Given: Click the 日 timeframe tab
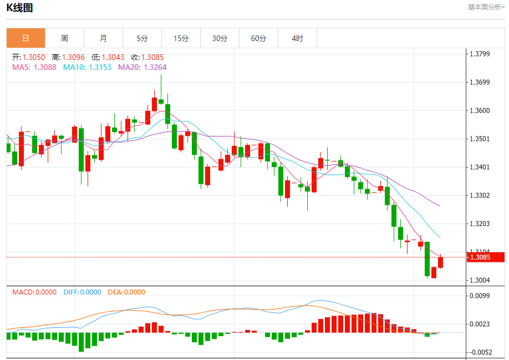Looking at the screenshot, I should pos(26,38).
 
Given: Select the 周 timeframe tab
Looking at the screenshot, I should pos(64,38).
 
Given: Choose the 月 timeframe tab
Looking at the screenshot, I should pos(103,38).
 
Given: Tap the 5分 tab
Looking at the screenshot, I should pos(142,38).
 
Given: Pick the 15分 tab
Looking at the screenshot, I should pos(181,38).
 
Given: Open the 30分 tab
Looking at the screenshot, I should pos(220,38).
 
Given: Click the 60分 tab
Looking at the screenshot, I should pos(258,38).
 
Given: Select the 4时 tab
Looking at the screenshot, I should pos(297,38).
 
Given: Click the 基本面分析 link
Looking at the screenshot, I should pos(486,7).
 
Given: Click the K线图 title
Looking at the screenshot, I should pos(19,8).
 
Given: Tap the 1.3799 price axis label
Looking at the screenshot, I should pos(480,54).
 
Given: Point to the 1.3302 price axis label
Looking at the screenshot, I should pos(480,195).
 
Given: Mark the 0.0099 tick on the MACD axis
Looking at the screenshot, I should pos(480,296).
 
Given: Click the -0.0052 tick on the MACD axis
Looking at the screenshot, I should pos(480,352).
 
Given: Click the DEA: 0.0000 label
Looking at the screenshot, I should pos(126,292).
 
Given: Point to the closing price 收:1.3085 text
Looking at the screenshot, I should pos(147,57).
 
